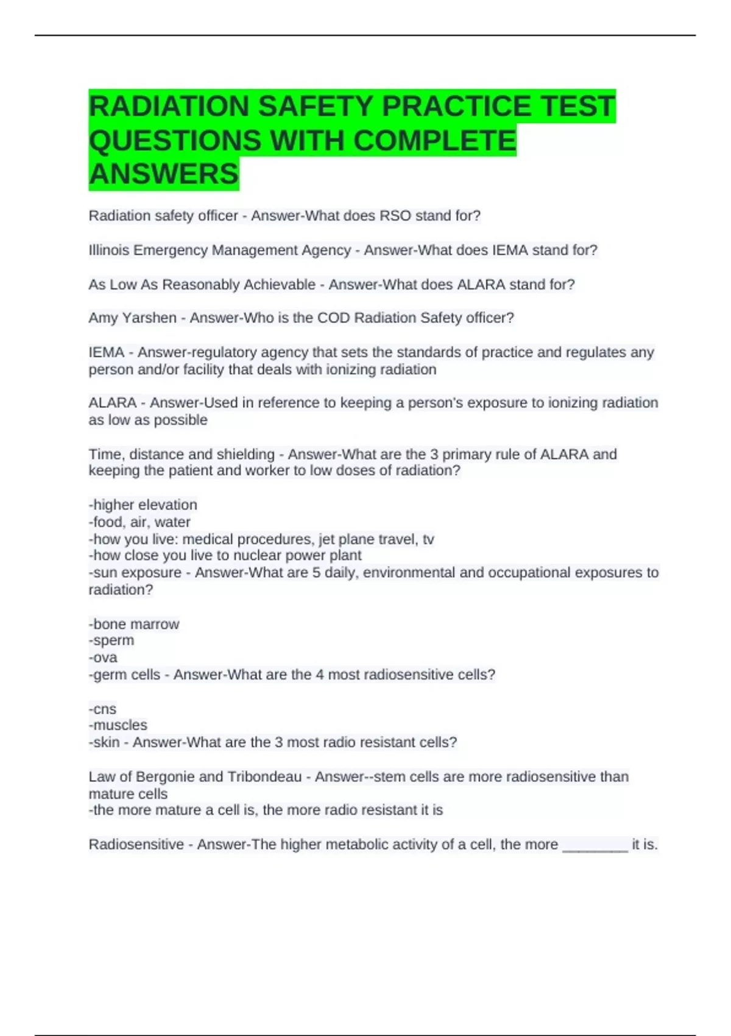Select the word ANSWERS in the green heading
click(164, 174)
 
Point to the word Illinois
click(108, 250)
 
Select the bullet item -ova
click(103, 658)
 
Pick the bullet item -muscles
click(118, 725)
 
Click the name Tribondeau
click(264, 776)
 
